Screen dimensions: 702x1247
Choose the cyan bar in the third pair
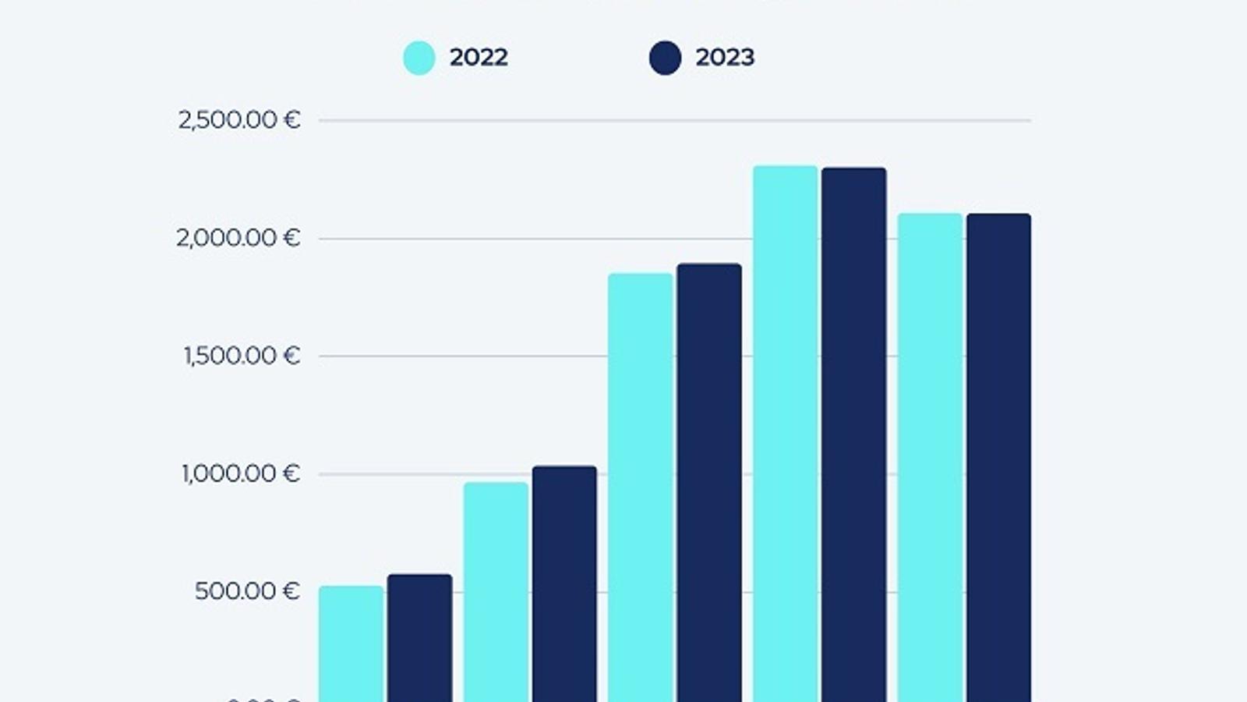641,487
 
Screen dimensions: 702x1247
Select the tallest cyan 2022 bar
786,433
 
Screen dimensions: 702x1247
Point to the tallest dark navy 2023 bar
854,434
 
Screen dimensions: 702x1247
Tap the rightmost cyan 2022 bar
931,457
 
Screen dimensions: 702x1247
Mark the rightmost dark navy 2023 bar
999,457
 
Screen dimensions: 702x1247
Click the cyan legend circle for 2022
419,58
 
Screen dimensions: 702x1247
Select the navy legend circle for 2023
665,58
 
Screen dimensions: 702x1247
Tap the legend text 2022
479,57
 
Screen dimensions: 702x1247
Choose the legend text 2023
725,57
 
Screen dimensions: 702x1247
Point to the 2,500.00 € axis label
238,120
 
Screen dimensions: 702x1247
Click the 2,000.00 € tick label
238,238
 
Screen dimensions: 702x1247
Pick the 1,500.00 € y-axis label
242,356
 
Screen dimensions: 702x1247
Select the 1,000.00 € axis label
240,473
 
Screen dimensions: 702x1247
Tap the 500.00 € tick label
247,591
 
